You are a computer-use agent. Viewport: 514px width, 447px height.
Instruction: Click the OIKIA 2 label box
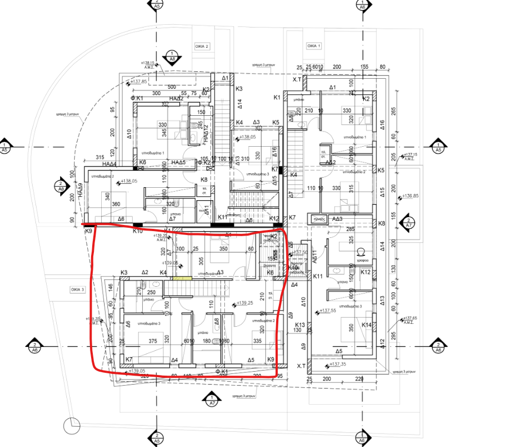(202, 46)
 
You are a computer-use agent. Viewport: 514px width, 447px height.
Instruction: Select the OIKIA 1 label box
(314, 46)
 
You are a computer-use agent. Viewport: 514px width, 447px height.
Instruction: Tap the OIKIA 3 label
(76, 290)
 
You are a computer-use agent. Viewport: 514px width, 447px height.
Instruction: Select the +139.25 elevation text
(245, 303)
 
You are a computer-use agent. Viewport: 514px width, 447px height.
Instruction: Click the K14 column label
(367, 325)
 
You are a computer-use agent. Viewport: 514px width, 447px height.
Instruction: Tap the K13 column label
(299, 325)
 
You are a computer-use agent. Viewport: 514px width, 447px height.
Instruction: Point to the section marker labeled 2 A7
(211, 401)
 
